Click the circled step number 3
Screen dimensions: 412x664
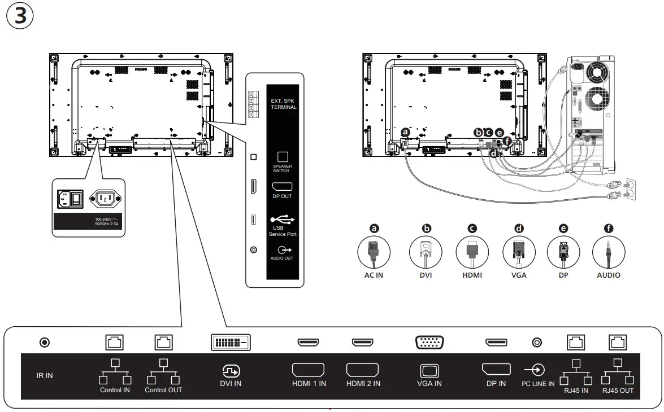pos(20,16)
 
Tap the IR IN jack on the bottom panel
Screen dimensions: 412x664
pos(44,342)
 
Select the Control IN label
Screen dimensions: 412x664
pos(115,390)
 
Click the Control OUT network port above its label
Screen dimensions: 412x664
pos(164,342)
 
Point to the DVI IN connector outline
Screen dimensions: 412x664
pos(231,342)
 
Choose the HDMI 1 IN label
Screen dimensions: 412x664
pos(308,384)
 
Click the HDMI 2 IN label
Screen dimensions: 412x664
pos(363,384)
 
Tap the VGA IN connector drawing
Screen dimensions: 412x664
pos(429,342)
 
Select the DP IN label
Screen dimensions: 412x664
pos(496,384)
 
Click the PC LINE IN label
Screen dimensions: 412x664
pos(537,384)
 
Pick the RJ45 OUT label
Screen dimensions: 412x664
pos(618,390)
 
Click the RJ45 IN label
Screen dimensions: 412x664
pos(576,390)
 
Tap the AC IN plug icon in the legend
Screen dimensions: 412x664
pos(374,252)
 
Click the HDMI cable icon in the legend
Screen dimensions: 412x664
pos(472,252)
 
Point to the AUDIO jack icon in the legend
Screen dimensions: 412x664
pos(609,252)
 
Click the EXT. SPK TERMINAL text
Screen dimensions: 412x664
pos(284,103)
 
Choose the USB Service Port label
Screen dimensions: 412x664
pos(283,231)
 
